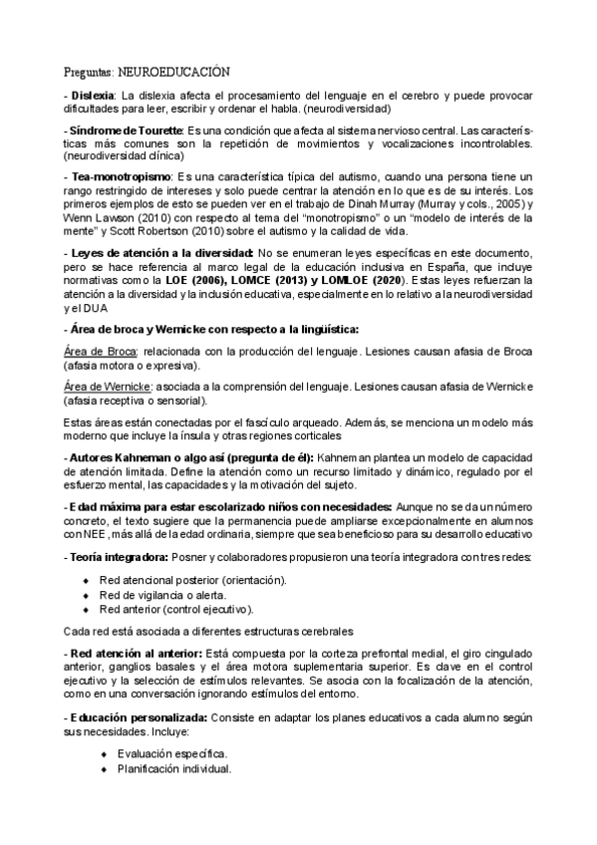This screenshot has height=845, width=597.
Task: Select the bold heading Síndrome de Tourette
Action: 124,132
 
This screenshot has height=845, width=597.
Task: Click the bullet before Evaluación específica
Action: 103,753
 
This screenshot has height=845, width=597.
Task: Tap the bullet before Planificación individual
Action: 103,768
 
